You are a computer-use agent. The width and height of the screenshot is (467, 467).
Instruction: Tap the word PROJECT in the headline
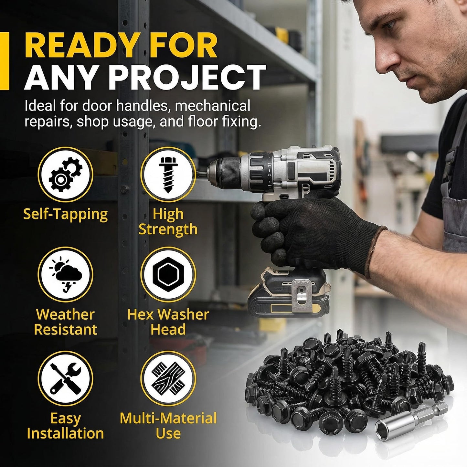(187, 78)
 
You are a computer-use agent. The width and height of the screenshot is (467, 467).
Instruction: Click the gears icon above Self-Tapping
(66, 175)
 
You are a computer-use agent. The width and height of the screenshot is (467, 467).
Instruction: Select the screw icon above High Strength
(168, 175)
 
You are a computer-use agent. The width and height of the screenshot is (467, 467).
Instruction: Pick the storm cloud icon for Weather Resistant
(66, 274)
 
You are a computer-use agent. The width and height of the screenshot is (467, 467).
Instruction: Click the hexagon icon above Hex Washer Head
(168, 274)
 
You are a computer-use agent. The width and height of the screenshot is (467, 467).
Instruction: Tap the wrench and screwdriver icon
(66, 378)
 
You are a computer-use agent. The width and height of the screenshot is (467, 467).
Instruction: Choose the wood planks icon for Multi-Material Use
(168, 378)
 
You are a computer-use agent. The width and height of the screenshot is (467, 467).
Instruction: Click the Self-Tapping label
(66, 215)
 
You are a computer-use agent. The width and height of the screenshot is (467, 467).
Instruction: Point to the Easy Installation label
(66, 426)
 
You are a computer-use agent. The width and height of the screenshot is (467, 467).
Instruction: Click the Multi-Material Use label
(168, 426)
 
